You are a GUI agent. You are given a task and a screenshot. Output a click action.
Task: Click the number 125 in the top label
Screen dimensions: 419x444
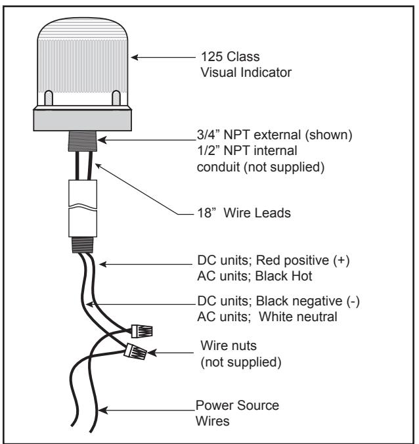tap(211, 56)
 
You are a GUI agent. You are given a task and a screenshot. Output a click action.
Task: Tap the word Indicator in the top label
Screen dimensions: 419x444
tap(266, 72)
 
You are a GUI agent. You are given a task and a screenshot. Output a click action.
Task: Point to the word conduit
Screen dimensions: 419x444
tap(218, 167)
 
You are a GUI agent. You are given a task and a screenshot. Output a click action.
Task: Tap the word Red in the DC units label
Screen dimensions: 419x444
tap(268, 260)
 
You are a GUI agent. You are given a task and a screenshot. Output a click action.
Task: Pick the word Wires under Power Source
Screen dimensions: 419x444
tap(212, 421)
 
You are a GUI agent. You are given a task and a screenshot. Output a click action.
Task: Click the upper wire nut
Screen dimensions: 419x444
tap(142, 331)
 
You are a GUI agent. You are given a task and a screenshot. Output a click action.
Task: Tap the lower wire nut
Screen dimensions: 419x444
tap(136, 351)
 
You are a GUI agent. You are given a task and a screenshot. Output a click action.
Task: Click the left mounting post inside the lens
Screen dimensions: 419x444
tap(49, 98)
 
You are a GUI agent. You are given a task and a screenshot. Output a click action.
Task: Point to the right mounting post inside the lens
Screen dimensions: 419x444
tap(116, 98)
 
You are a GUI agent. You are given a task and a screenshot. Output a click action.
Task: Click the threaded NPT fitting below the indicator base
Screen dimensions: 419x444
tap(83, 141)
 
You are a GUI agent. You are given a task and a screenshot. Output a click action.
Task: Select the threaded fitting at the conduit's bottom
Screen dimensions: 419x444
tap(82, 244)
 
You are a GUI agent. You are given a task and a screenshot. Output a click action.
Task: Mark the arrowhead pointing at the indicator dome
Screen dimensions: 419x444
tap(135, 58)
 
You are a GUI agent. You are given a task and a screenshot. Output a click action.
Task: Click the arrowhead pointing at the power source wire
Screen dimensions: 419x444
tap(102, 411)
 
